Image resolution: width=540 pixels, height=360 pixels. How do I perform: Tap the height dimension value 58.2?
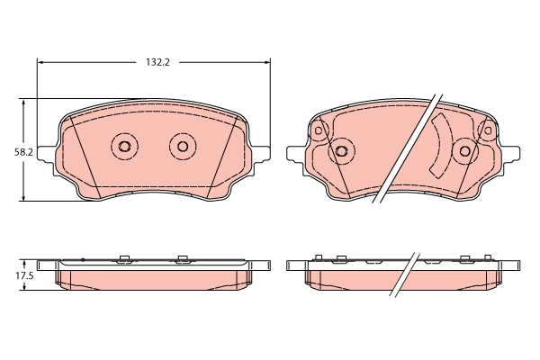pos(23,152)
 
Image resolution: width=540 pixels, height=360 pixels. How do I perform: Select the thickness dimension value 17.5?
pos(24,275)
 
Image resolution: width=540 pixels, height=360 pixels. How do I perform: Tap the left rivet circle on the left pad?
pos(124,146)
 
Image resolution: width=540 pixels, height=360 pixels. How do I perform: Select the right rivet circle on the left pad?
pos(183,146)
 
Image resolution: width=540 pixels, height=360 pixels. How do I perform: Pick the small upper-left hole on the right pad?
pos(318,131)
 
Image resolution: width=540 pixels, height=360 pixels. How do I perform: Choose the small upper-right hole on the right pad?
pos(487,131)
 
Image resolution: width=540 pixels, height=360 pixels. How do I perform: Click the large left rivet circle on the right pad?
pos(340,151)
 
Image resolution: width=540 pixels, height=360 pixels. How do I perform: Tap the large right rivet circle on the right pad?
pos(464,151)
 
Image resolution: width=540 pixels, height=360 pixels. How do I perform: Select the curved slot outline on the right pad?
pos(440,144)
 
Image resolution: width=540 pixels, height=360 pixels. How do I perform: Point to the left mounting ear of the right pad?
pos(295,154)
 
